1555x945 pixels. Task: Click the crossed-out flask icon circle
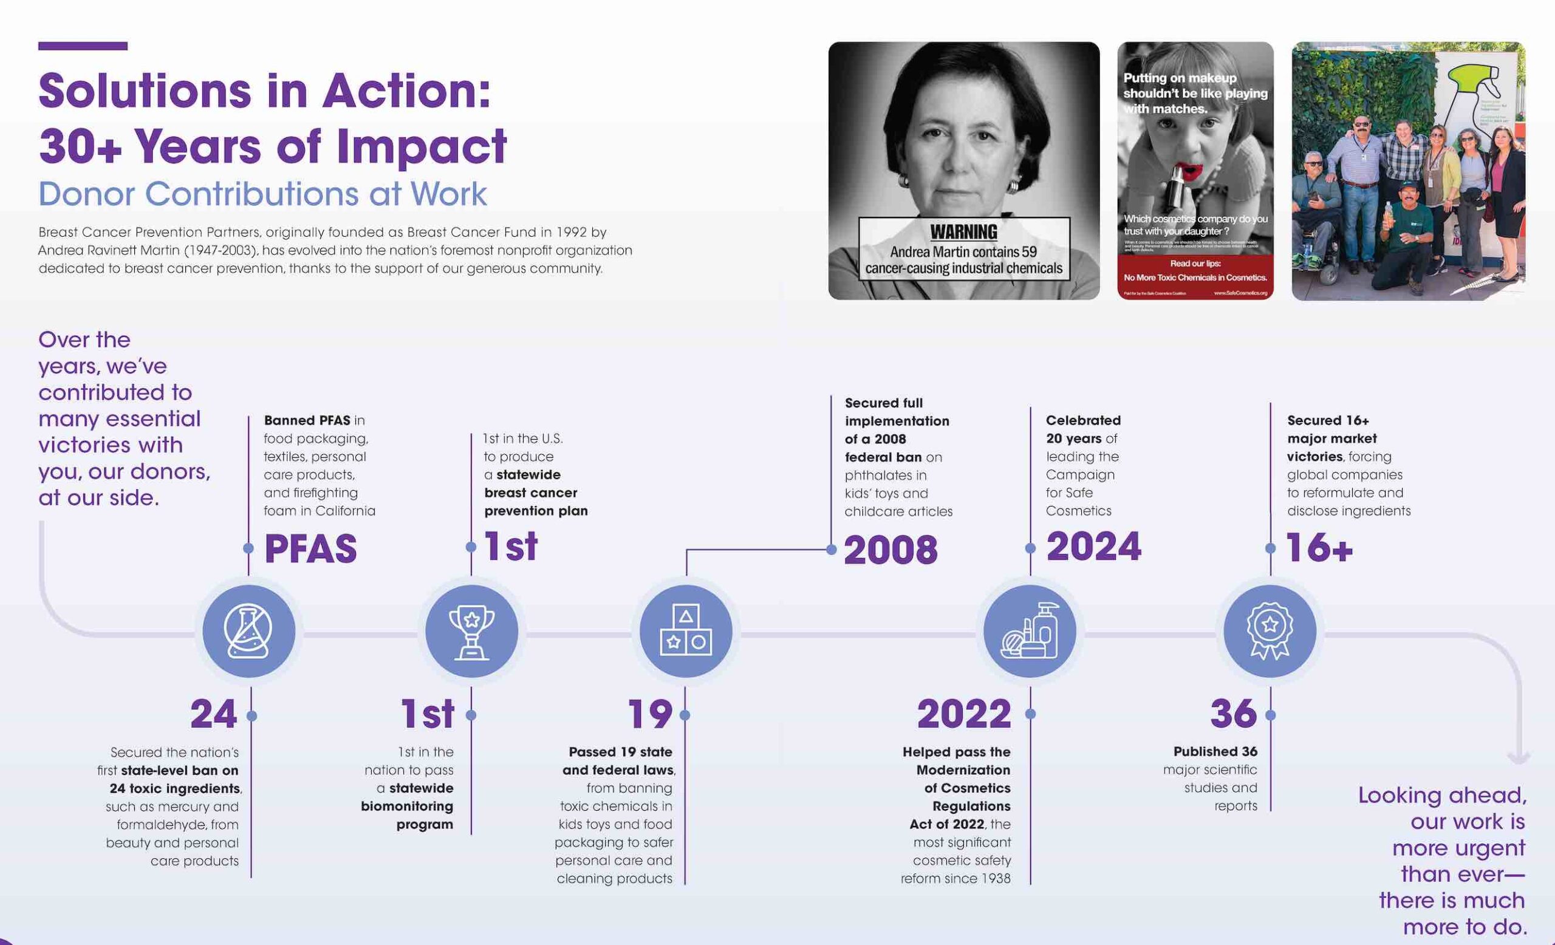(x=248, y=631)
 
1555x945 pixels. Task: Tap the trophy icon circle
(x=471, y=631)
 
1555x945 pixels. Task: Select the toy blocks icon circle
(x=686, y=631)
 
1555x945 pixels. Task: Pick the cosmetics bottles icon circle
(x=1030, y=631)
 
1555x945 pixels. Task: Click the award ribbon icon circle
(x=1270, y=631)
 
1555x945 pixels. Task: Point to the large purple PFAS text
(x=310, y=549)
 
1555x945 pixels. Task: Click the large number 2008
(x=890, y=550)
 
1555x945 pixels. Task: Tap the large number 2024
(x=1094, y=547)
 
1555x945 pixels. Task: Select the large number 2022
(x=963, y=714)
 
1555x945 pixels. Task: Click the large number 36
(x=1233, y=714)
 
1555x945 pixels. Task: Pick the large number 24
(x=213, y=714)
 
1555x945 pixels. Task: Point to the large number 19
(x=650, y=714)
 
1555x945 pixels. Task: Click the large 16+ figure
(x=1319, y=548)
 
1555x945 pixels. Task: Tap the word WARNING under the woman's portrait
(x=963, y=232)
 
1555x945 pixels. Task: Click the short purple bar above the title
(x=83, y=46)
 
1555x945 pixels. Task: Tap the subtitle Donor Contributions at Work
(x=262, y=194)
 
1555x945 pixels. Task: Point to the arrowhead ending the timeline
(x=1519, y=757)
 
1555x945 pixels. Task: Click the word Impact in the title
(x=421, y=146)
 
